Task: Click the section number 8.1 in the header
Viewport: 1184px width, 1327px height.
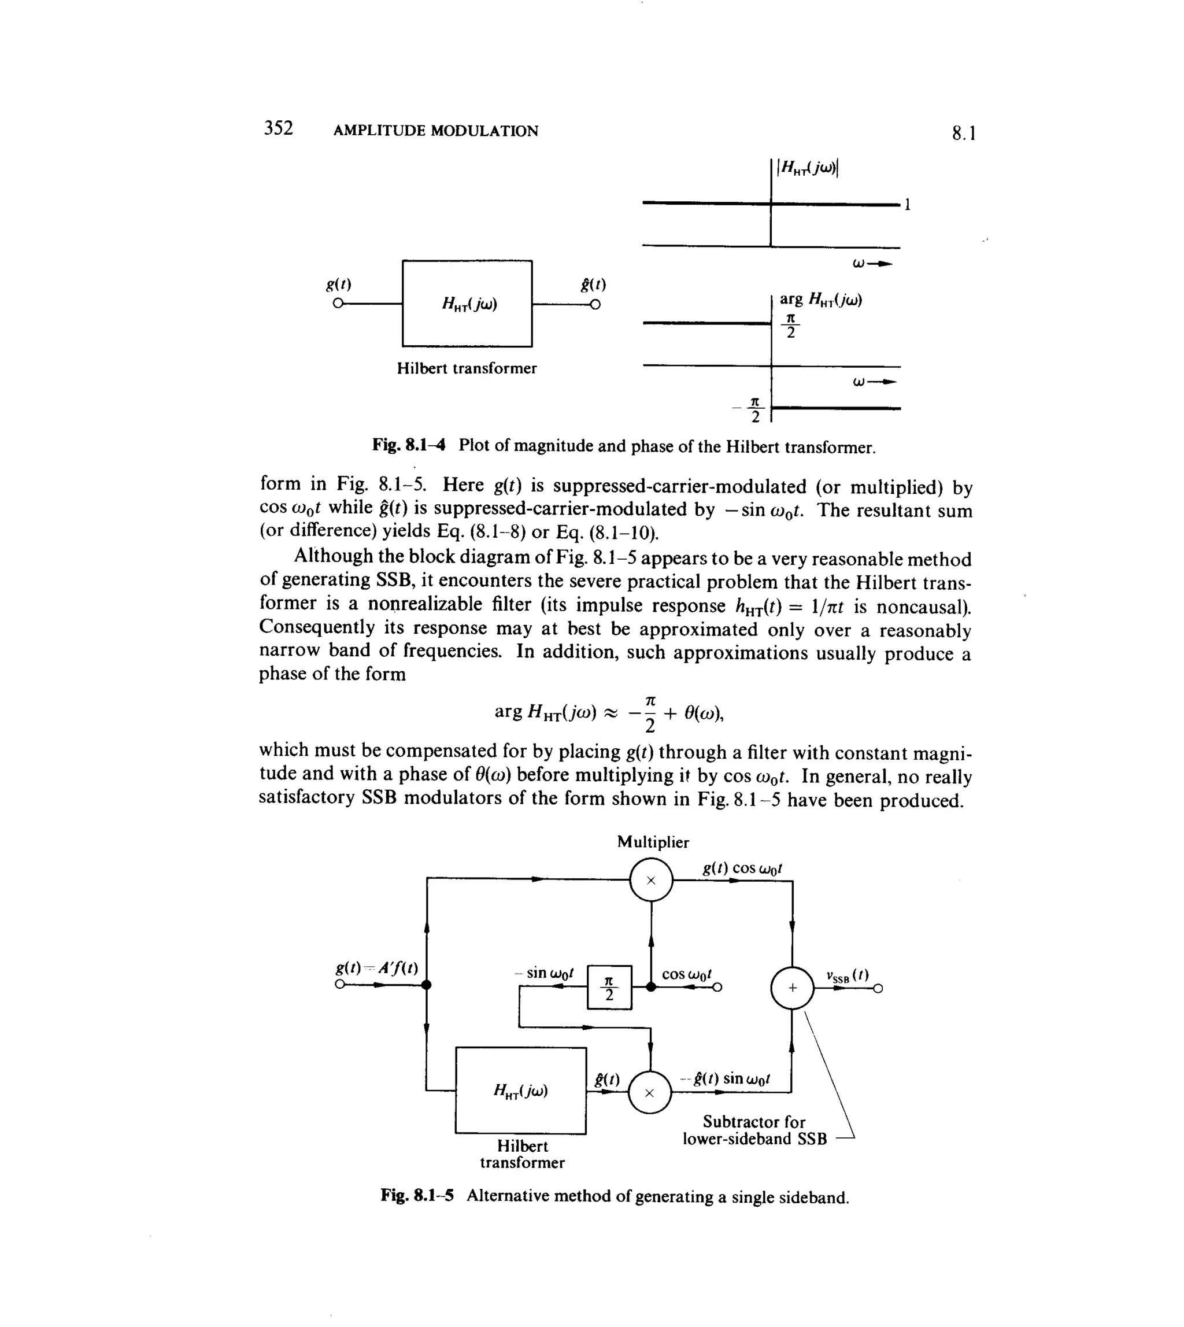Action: pyautogui.click(x=964, y=134)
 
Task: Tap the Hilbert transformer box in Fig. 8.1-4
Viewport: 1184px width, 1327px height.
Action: pyautogui.click(x=467, y=303)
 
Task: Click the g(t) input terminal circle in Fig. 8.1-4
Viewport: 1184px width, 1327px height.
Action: pyautogui.click(x=337, y=304)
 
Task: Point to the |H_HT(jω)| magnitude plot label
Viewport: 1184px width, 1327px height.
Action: pyautogui.click(x=808, y=168)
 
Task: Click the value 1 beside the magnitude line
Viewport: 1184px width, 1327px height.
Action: pyautogui.click(x=908, y=205)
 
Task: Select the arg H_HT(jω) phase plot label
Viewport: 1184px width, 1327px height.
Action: pyautogui.click(x=820, y=300)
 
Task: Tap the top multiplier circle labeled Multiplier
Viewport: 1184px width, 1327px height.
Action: pyautogui.click(x=650, y=880)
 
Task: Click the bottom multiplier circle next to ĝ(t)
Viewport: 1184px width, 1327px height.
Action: pyautogui.click(x=649, y=1093)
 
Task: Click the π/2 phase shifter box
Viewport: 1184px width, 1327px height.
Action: pyautogui.click(x=609, y=988)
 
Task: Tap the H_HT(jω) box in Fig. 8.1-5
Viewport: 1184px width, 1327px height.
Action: pyautogui.click(x=520, y=1091)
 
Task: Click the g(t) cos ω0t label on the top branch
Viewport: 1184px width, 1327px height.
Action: pyautogui.click(x=742, y=868)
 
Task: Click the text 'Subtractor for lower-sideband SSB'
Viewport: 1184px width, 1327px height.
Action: pyautogui.click(x=754, y=1130)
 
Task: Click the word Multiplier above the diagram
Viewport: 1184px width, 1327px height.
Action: pyautogui.click(x=653, y=842)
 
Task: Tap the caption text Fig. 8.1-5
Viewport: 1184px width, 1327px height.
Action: pyautogui.click(x=417, y=1196)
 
